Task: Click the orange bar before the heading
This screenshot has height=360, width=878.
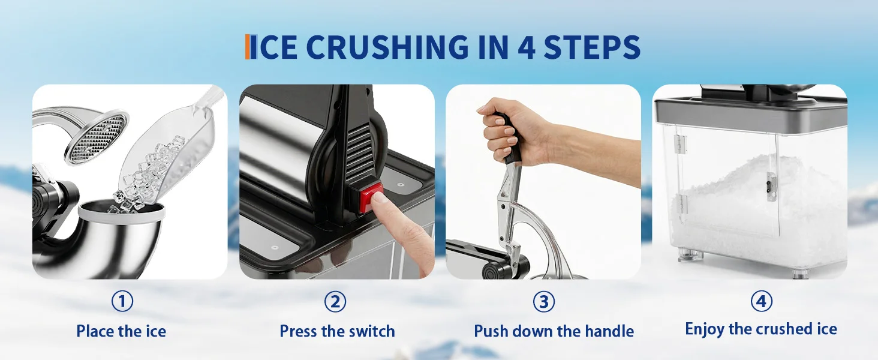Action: pyautogui.click(x=248, y=47)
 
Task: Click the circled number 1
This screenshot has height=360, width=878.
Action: pyautogui.click(x=122, y=301)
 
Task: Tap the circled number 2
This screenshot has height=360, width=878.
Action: pyautogui.click(x=335, y=301)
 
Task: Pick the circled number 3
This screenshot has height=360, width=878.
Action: pyautogui.click(x=544, y=301)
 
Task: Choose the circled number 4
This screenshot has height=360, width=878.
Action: pyautogui.click(x=761, y=301)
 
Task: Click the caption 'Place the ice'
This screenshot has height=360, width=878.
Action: pyautogui.click(x=121, y=331)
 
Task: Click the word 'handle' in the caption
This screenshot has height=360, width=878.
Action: pyautogui.click(x=609, y=331)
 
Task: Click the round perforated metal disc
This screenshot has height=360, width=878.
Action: pyautogui.click(x=97, y=137)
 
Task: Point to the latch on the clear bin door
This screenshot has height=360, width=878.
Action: pyautogui.click(x=771, y=187)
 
